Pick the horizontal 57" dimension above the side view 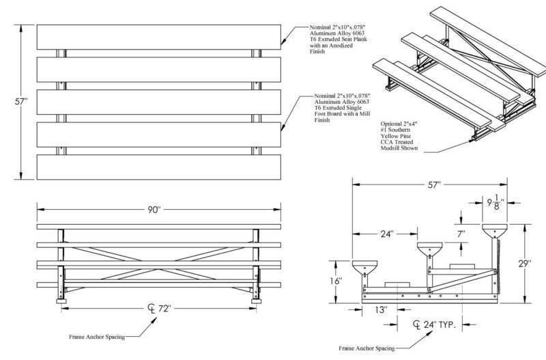[429, 184]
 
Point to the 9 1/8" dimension [493, 204]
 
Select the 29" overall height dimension [523, 263]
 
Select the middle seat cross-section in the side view [431, 247]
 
